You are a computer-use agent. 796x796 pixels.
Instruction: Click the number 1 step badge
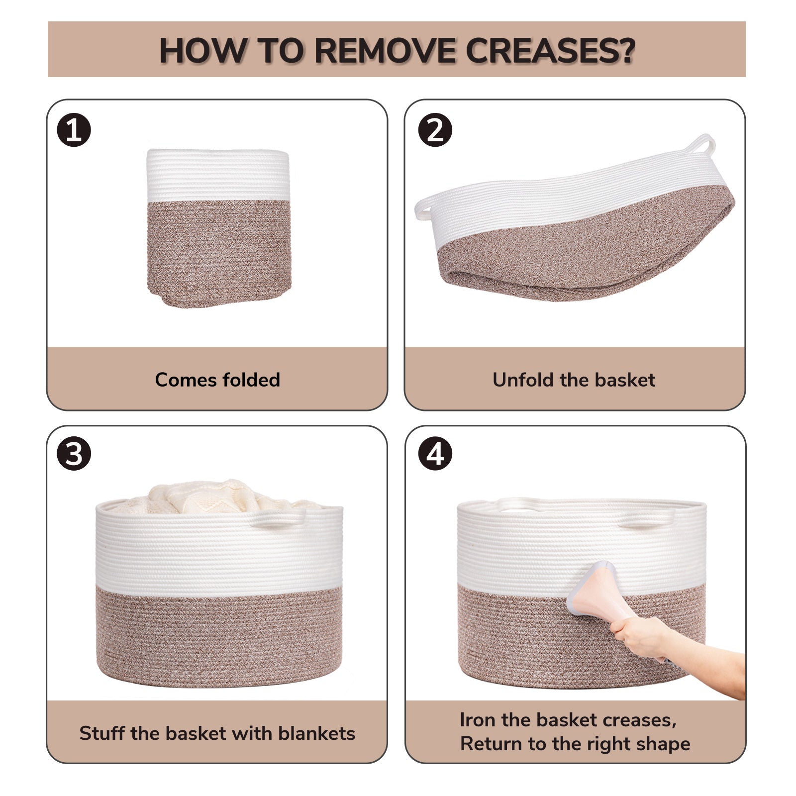click(x=74, y=130)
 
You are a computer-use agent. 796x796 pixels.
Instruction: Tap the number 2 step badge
click(x=435, y=130)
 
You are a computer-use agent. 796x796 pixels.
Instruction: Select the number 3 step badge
click(x=74, y=454)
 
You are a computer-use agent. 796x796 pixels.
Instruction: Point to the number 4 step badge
click(x=435, y=454)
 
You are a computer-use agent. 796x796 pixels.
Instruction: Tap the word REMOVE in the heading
click(x=385, y=50)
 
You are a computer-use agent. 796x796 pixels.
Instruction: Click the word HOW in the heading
click(x=202, y=50)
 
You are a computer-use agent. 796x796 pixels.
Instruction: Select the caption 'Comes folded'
click(x=217, y=380)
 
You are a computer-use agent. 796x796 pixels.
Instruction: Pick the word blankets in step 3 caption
click(x=317, y=733)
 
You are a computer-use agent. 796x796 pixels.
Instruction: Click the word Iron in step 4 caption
click(x=478, y=720)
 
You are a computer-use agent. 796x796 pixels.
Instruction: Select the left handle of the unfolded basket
click(x=424, y=207)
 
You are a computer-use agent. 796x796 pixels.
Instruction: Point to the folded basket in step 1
click(x=218, y=228)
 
